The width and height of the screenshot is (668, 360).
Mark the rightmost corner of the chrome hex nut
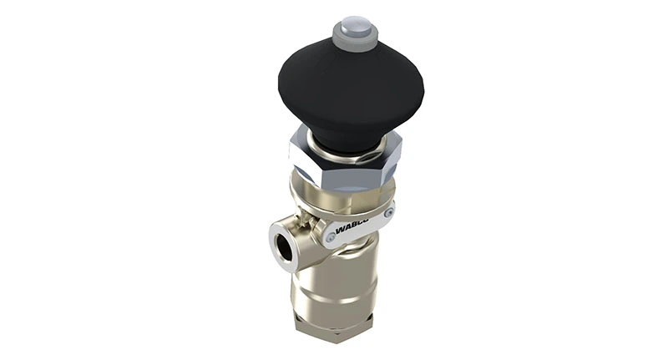(401, 150)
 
